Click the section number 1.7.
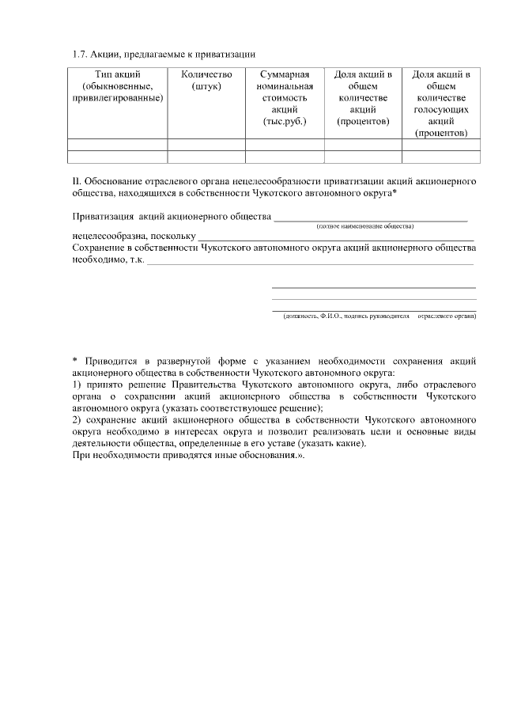pos(79,55)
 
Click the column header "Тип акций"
pos(117,74)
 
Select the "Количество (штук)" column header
pos(206,80)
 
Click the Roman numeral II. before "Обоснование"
pos(76,181)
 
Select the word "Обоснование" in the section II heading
pos(113,181)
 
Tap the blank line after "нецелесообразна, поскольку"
pos(335,237)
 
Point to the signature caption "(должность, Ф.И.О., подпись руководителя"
pos(347,316)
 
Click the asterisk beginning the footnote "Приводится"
pos(74,361)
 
